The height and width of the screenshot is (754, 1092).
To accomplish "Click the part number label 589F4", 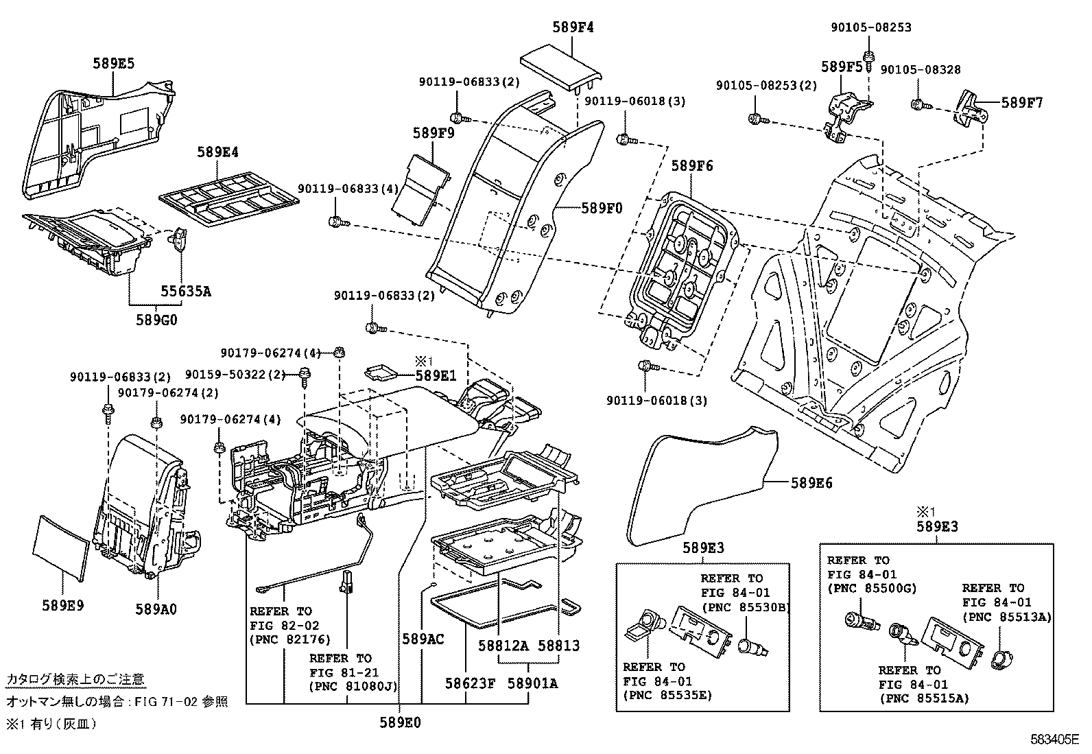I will [573, 27].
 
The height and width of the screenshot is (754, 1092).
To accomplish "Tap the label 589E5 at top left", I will [113, 63].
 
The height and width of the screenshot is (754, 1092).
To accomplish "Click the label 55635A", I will [186, 291].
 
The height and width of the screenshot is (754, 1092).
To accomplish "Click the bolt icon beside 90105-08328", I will [918, 104].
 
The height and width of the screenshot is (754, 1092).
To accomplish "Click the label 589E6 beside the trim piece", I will [811, 483].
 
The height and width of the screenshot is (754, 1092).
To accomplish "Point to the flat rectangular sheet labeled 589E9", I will [62, 545].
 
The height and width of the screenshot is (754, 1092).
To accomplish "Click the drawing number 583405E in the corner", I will [1055, 740].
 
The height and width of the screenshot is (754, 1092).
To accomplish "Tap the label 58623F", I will [470, 683].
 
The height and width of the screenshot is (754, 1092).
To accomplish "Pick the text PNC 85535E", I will [667, 696].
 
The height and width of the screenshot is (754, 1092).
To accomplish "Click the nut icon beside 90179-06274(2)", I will [156, 421].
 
